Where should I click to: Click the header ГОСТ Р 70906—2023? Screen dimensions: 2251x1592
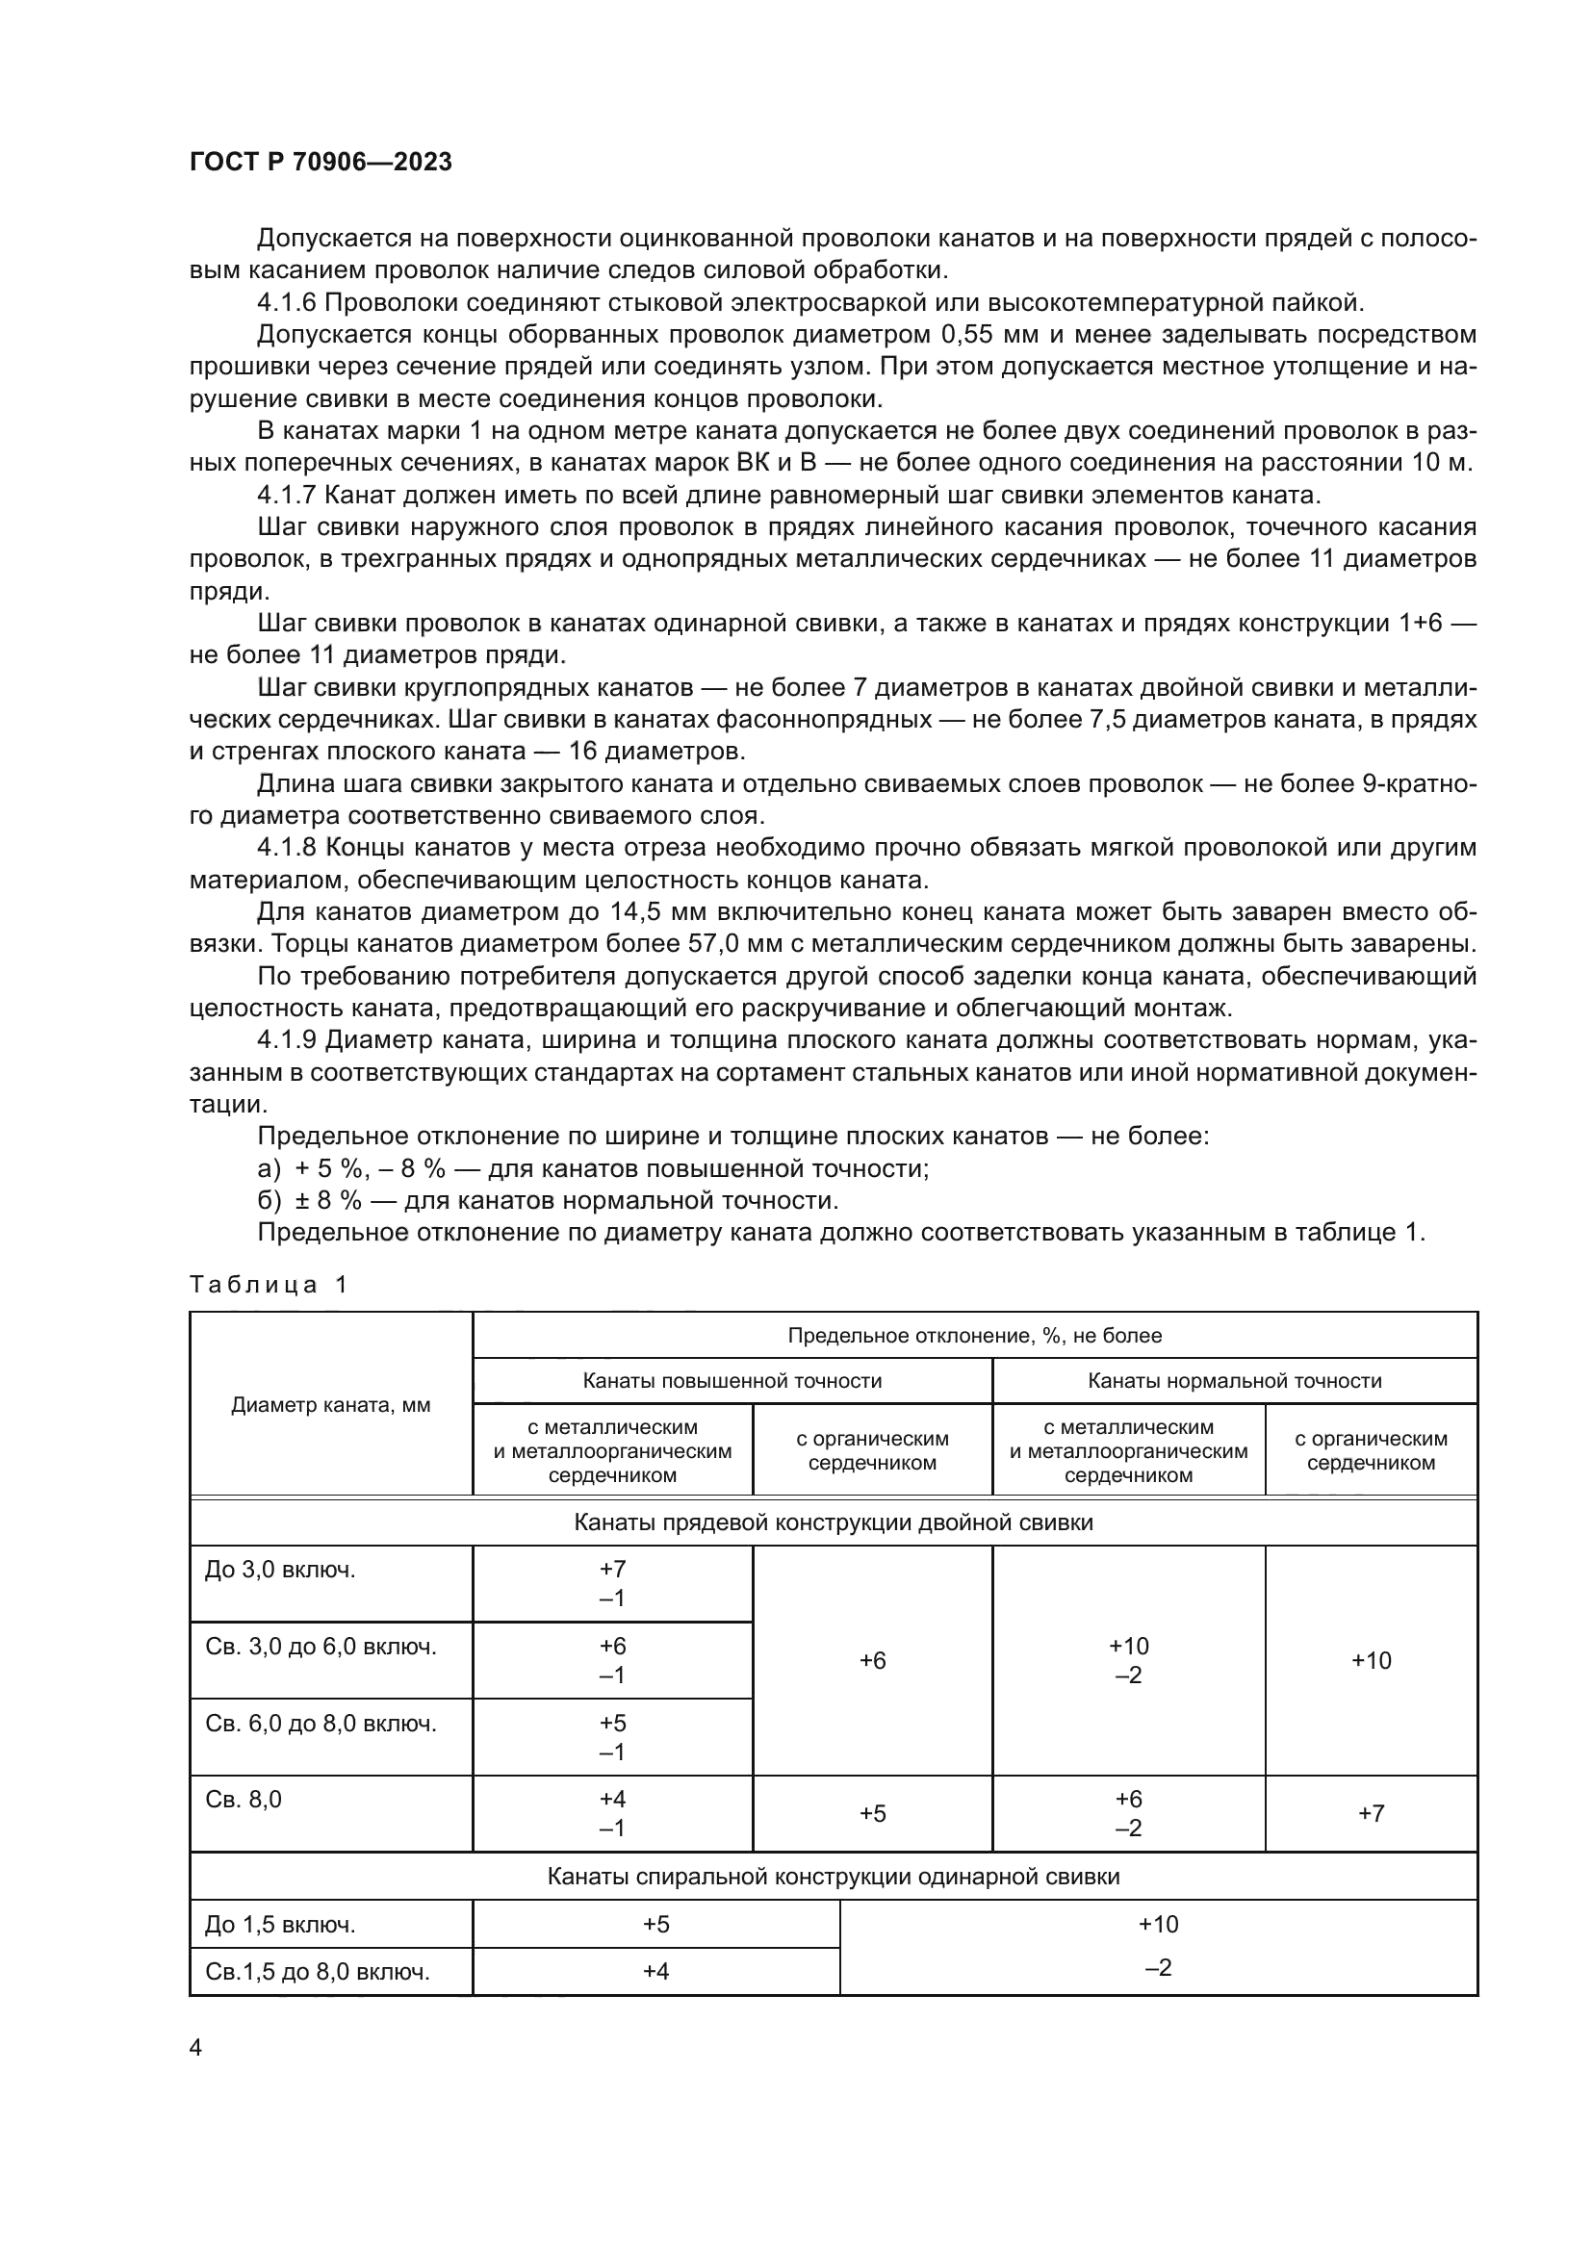tap(321, 163)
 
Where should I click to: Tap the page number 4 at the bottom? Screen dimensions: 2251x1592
tap(195, 2047)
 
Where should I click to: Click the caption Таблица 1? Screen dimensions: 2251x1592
tap(268, 1286)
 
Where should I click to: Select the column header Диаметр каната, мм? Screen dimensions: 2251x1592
tap(330, 1406)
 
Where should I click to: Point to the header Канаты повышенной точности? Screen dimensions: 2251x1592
tap(732, 1381)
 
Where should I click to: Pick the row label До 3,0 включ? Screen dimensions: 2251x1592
tap(279, 1571)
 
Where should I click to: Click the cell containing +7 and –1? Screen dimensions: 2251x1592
tap(612, 1584)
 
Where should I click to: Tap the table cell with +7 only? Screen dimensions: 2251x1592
tap(1370, 1814)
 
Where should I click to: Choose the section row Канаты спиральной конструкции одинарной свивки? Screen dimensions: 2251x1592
tap(833, 1878)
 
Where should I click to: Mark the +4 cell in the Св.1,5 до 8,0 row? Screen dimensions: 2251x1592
tap(655, 1972)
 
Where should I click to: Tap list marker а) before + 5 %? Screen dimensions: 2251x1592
tap(269, 1168)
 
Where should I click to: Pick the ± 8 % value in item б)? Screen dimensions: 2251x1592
tap(328, 1201)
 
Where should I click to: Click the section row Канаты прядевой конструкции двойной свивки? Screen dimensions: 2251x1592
tap(833, 1522)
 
